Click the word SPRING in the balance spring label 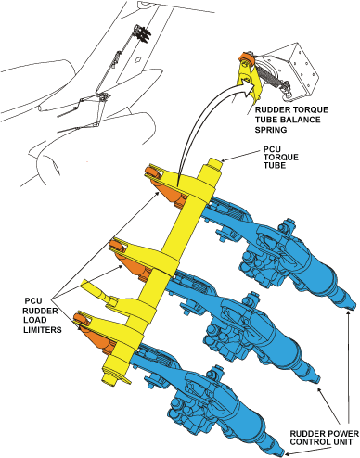click(x=271, y=130)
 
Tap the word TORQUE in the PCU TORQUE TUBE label click(x=281, y=158)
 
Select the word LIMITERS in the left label click(x=43, y=330)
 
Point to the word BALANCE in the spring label click(x=302, y=120)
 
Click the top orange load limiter click(x=166, y=187)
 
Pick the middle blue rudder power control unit click(x=244, y=326)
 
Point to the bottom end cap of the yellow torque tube click(x=114, y=375)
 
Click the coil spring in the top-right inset click(x=270, y=76)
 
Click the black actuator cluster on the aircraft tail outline click(x=142, y=32)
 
